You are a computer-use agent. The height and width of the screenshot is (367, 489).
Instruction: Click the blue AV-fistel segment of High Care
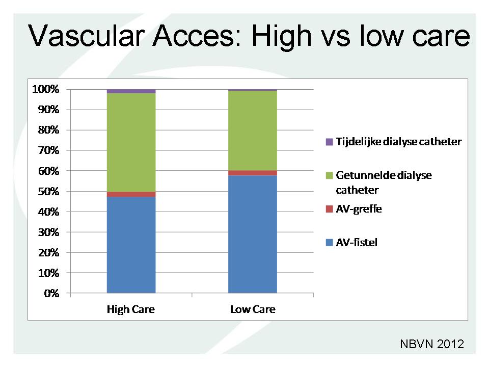tap(131, 245)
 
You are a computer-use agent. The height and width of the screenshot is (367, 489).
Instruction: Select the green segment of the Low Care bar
tap(253, 130)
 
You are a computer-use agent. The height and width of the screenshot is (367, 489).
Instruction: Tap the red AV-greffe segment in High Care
tap(131, 194)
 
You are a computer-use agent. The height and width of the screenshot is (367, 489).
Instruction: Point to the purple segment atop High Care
tap(131, 91)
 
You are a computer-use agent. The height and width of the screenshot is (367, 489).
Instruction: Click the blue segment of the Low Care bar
tap(253, 234)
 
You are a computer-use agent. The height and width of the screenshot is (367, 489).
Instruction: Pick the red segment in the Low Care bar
tap(253, 173)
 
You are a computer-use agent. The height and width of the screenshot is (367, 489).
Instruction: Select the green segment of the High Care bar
tap(131, 143)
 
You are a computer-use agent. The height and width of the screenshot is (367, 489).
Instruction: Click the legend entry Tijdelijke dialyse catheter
tap(394, 142)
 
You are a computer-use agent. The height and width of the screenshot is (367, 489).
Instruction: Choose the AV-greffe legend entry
tap(354, 209)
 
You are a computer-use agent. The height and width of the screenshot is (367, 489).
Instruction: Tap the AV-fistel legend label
tap(357, 243)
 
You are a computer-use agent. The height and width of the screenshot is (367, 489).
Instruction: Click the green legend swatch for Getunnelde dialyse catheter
tap(330, 175)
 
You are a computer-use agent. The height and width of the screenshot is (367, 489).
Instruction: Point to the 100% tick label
tap(45, 89)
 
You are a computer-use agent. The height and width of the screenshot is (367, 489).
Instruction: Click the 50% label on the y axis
tap(48, 191)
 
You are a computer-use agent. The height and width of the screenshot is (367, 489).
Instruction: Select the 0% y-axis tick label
tap(51, 294)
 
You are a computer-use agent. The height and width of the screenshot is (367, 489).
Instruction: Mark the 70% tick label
tap(48, 150)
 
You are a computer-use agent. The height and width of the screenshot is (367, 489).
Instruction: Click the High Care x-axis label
tap(131, 309)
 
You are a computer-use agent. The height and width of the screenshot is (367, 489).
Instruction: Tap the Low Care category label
tap(253, 309)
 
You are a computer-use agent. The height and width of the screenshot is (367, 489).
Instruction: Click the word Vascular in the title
tap(87, 36)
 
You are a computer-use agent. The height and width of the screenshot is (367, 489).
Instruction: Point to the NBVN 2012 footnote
tap(432, 344)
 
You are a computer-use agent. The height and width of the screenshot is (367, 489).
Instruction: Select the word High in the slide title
tap(281, 37)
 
